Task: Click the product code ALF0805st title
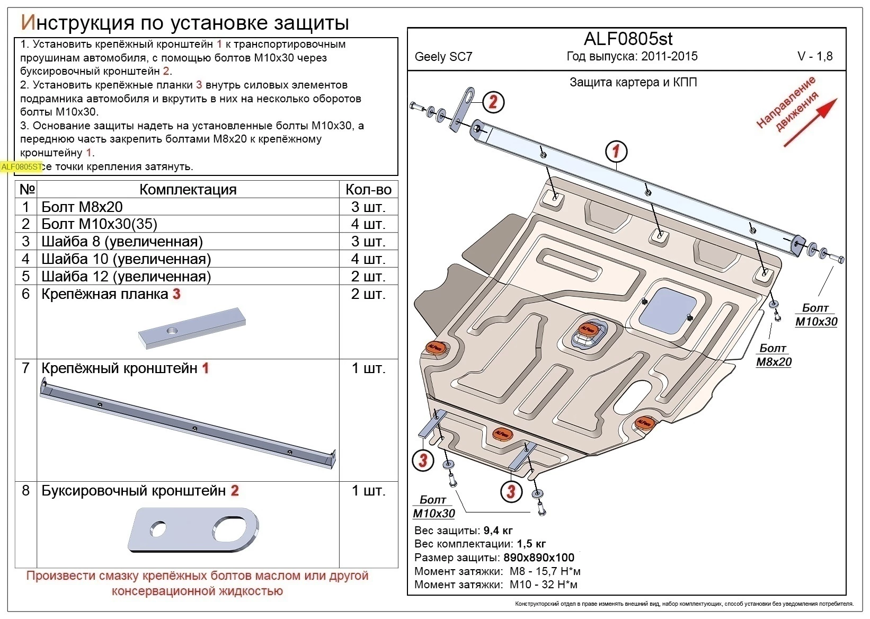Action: [628, 39]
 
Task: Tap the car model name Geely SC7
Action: [443, 57]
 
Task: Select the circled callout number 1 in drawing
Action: [616, 152]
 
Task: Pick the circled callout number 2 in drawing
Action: [493, 102]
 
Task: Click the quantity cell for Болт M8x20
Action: [368, 207]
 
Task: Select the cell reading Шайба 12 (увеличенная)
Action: [126, 276]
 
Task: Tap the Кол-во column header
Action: [368, 190]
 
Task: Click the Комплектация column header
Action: [188, 190]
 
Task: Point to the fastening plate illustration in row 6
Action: [192, 329]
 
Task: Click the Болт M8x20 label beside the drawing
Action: [773, 355]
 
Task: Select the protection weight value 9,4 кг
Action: [498, 530]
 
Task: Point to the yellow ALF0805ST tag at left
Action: [21, 167]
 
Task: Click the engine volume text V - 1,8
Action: [814, 57]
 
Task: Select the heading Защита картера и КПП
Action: [633, 82]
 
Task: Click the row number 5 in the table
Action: [26, 276]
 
